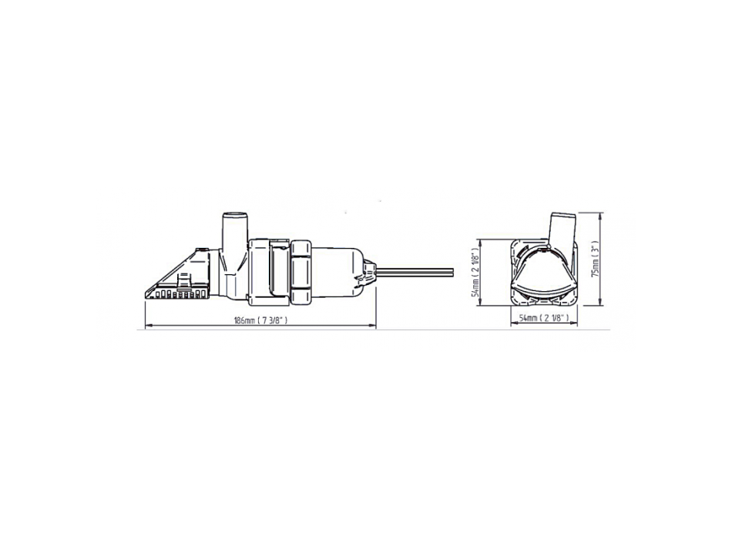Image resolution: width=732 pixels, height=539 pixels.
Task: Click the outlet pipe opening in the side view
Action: [233, 216]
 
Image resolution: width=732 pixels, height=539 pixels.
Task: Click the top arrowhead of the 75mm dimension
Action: [601, 213]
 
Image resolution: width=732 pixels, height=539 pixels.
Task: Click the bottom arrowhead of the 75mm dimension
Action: [601, 303]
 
